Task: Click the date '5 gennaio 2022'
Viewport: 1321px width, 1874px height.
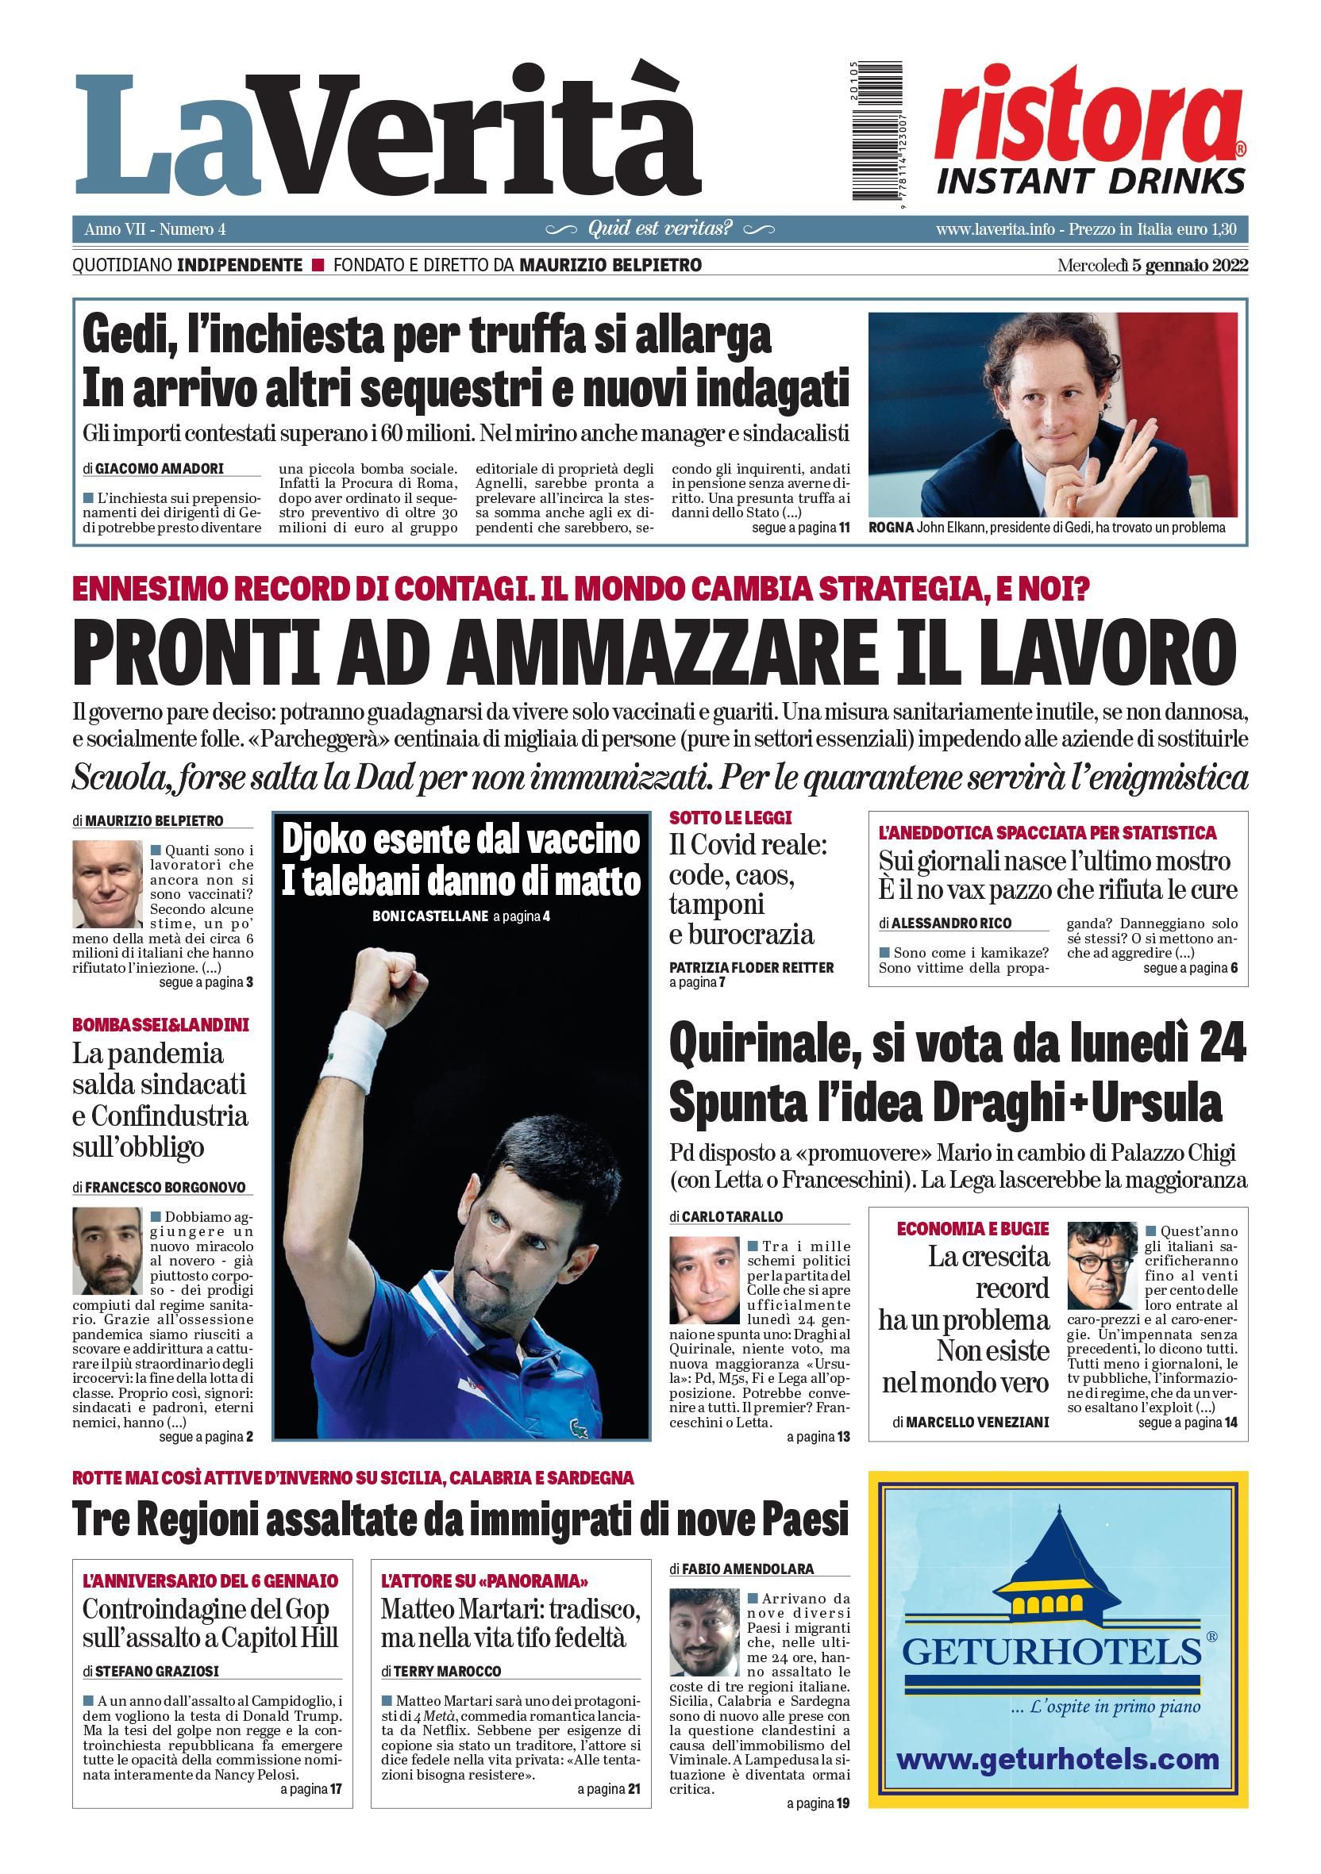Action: pos(1189,265)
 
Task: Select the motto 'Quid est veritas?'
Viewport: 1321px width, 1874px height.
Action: pos(660,228)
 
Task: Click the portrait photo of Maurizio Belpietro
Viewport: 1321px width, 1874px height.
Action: pos(107,885)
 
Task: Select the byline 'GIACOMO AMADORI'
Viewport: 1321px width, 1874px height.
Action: pos(160,470)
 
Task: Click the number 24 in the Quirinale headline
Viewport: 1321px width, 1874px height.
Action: pos(1223,1046)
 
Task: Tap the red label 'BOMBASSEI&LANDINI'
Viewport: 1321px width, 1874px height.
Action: pos(161,1025)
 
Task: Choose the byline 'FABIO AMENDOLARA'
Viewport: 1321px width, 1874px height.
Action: pos(748,1569)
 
